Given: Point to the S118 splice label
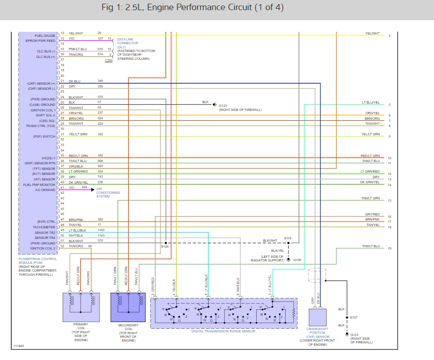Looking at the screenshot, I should click(x=287, y=238).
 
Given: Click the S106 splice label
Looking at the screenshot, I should click(x=164, y=247).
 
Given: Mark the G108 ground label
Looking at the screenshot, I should click(x=297, y=260).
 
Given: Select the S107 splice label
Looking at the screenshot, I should click(x=353, y=317).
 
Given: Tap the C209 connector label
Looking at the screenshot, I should click(x=108, y=61).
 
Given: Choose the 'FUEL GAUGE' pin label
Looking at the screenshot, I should click(x=45, y=35).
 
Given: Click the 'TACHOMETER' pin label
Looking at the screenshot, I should click(x=44, y=227).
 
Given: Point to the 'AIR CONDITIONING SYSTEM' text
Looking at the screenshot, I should click(x=108, y=192).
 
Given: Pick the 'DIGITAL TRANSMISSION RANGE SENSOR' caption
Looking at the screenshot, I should click(x=223, y=331).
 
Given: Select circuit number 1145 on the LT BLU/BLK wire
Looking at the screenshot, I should click(x=101, y=230).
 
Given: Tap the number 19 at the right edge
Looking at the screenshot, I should click(x=389, y=249).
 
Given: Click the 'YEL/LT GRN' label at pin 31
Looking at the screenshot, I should click(x=78, y=134).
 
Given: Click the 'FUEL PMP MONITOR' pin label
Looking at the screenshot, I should click(x=40, y=185).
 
